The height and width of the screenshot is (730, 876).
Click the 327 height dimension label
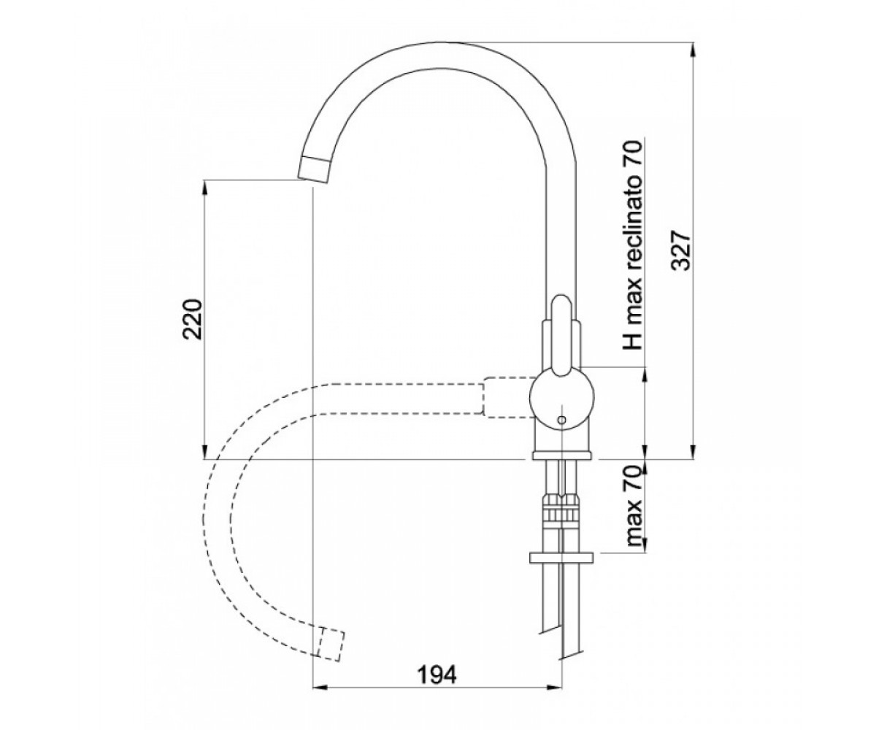[680, 250]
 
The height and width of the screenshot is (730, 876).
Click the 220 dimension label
[194, 319]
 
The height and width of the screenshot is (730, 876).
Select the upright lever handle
[562, 335]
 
